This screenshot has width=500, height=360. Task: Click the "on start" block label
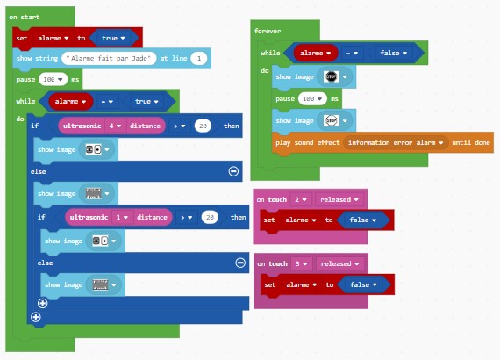tap(25, 17)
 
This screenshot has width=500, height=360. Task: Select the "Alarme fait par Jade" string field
tap(109, 58)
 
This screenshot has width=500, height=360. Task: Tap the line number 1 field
tap(199, 58)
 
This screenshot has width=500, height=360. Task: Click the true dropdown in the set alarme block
tap(113, 38)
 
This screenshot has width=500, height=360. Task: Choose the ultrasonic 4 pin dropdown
tap(115, 126)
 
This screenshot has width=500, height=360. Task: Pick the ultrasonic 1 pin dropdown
tap(122, 217)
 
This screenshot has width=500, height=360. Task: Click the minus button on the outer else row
tap(233, 171)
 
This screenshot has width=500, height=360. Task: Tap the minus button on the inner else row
tap(240, 263)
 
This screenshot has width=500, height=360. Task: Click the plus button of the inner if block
tap(42, 303)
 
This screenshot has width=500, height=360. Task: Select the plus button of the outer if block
tap(36, 317)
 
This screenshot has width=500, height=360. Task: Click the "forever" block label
tap(268, 31)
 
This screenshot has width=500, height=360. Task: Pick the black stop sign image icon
tap(331, 76)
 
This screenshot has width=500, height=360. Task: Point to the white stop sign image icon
tap(331, 120)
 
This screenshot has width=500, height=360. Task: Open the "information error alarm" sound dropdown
tap(396, 142)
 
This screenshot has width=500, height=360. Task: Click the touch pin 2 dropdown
tap(300, 199)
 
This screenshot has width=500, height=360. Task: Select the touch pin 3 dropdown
tap(301, 263)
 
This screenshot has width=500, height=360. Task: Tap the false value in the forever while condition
tap(393, 53)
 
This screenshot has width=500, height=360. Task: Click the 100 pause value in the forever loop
tap(312, 98)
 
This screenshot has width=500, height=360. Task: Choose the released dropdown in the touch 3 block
tap(339, 263)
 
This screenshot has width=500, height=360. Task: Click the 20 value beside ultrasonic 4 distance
tap(203, 126)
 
